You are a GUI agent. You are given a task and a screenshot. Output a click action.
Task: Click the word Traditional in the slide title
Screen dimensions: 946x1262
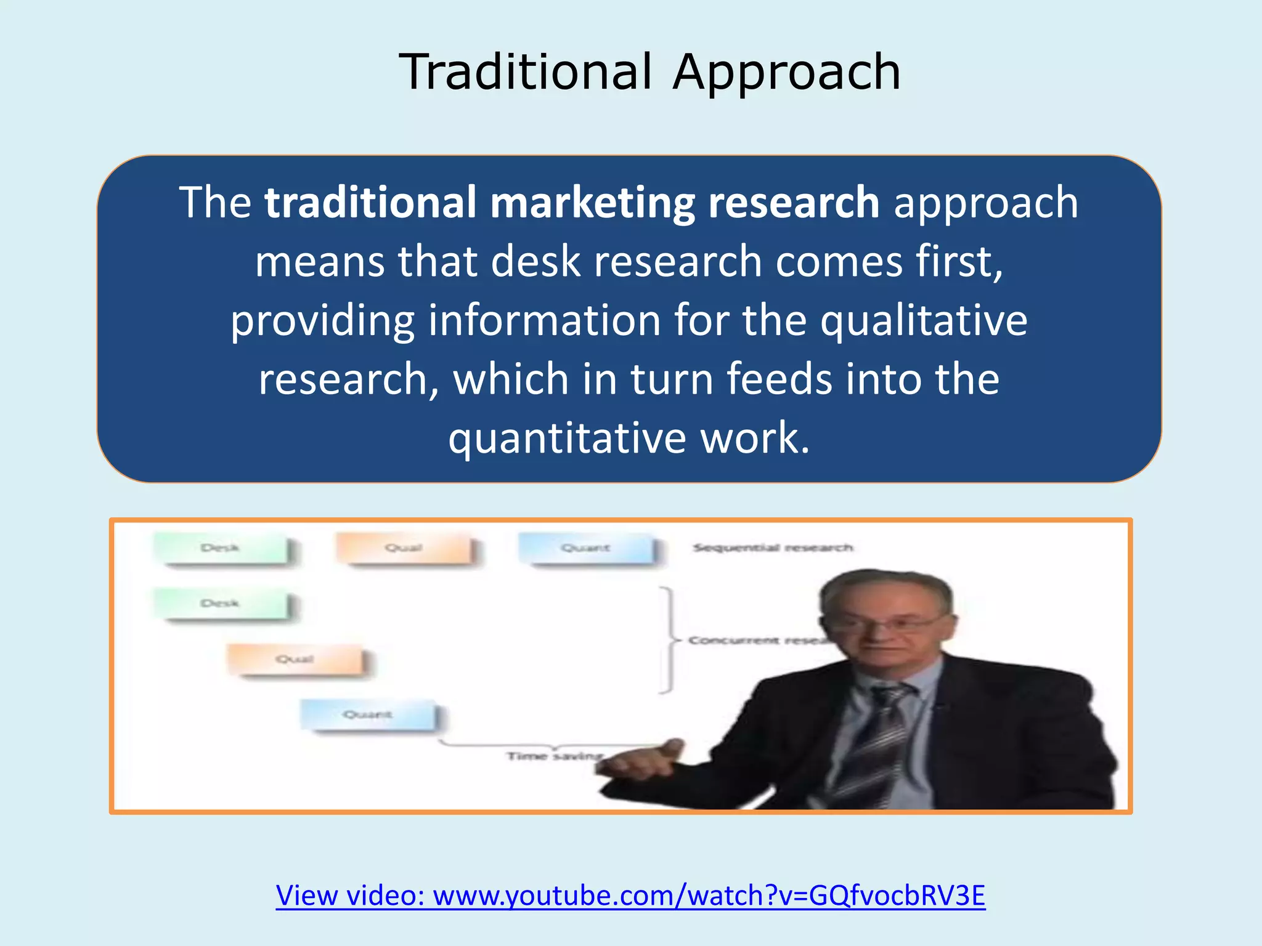point(525,72)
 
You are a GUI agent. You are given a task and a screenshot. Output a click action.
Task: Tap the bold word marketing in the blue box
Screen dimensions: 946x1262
point(592,203)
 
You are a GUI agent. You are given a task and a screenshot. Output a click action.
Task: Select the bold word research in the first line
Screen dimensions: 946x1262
point(793,203)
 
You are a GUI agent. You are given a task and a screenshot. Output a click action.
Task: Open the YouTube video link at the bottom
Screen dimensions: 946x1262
point(630,895)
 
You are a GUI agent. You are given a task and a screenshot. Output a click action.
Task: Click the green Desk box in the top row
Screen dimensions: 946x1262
point(221,548)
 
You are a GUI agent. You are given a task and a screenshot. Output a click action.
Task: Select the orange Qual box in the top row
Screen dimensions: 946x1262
point(404,548)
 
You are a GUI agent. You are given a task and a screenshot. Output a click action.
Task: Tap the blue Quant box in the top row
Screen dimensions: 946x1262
point(585,548)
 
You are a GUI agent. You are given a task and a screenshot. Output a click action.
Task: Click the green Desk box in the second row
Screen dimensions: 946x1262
point(221,603)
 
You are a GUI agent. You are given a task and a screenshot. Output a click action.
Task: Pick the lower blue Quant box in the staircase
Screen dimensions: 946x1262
point(368,714)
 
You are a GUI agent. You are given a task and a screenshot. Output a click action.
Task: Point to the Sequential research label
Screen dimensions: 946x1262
point(772,548)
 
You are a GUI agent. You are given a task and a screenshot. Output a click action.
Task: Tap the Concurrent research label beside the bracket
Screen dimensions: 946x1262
point(755,641)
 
